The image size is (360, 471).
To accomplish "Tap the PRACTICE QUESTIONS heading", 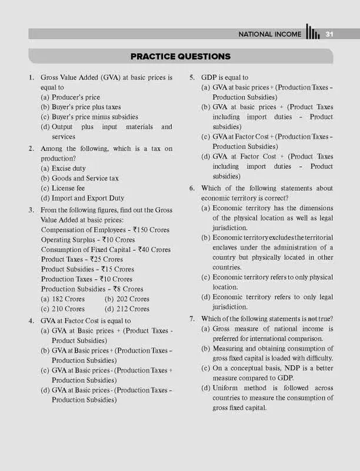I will pyautogui.click(x=180, y=57).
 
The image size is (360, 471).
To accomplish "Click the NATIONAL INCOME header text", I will pyautogui.click(x=269, y=34).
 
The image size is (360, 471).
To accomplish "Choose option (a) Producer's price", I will pyautogui.click(x=70, y=97).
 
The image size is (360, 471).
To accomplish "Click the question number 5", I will pyautogui.click(x=192, y=77).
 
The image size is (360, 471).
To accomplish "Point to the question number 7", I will pyautogui.click(x=192, y=319).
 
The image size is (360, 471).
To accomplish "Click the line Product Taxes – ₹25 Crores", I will pyautogui.click(x=82, y=259).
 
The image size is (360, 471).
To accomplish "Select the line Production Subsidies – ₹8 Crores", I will pyautogui.click(x=92, y=289).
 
